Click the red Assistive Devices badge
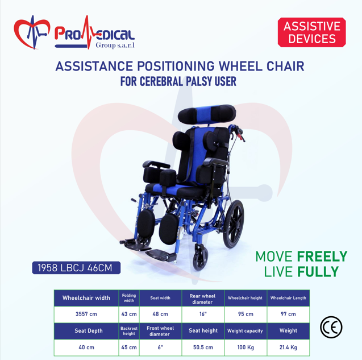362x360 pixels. coord(311,32)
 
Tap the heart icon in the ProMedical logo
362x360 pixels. coord(32,32)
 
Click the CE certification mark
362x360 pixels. coord(331,327)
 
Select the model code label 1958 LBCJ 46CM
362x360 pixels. coord(76,268)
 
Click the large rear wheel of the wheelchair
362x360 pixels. coord(234,224)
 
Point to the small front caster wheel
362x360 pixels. coord(200,257)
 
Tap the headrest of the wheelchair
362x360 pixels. coord(207,114)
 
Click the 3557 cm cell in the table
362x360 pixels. coord(86,315)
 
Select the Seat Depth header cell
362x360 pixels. coord(86,331)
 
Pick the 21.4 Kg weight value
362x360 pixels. coord(288,347)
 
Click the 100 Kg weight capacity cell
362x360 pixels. coord(246,347)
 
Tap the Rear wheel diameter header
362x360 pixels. coord(203,299)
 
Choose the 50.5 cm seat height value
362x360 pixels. coord(203,347)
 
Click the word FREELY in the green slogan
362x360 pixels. coord(322,256)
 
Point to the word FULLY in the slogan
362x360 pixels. coord(318,271)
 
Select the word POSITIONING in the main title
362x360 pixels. coord(176,66)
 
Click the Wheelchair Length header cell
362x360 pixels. coord(288,299)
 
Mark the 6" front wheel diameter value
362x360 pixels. coord(160,347)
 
